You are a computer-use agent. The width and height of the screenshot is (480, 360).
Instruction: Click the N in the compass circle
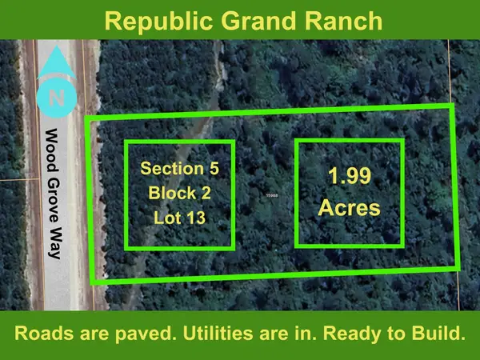tap(55, 99)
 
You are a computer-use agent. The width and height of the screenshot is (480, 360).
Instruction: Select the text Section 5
tap(179, 169)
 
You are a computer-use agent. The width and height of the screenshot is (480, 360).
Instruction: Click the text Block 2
tap(179, 193)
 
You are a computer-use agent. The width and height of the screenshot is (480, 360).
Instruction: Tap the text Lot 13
tap(179, 217)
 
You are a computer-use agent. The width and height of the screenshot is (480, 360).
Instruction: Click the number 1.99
tap(350, 177)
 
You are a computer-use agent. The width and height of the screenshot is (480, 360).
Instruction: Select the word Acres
tap(350, 209)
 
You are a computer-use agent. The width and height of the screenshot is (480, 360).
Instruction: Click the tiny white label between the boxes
tap(272, 194)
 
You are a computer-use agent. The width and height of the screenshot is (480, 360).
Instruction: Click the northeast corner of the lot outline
tap(452, 105)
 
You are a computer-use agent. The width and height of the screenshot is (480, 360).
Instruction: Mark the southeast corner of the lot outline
tap(459, 266)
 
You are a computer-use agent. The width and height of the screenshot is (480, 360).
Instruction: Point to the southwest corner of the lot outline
tap(93, 282)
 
